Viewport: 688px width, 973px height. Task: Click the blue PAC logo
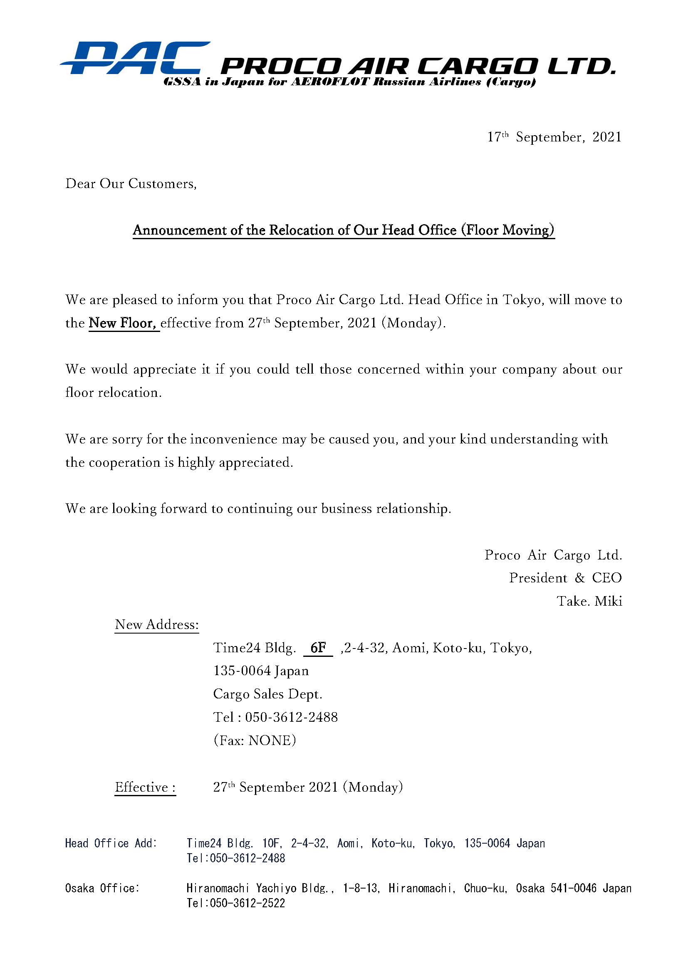(135, 59)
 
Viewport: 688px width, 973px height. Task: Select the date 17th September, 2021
(554, 137)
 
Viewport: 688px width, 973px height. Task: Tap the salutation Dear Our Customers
(131, 183)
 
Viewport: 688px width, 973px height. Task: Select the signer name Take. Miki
(589, 601)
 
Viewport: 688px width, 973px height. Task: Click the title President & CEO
(565, 578)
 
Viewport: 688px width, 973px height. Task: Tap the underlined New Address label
(157, 624)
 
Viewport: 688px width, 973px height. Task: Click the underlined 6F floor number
(318, 648)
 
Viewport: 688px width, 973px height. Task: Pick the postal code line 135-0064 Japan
(261, 671)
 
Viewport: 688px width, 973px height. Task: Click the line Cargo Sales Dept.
(267, 694)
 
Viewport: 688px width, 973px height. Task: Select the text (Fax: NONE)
(255, 740)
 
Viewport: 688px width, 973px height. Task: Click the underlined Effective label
(144, 787)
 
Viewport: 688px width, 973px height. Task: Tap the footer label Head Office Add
(111, 843)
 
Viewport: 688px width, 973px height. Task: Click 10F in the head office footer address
(270, 843)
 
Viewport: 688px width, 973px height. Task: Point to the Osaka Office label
(102, 888)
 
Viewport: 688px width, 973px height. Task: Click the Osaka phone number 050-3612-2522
(247, 903)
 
